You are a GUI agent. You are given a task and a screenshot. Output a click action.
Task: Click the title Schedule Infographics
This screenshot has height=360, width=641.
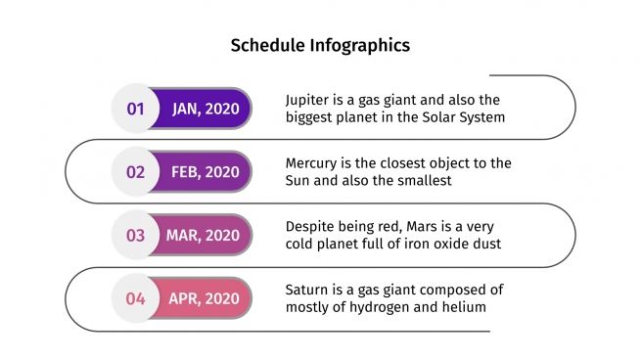coord(320,45)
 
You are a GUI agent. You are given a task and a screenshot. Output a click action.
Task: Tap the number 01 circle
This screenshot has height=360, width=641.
coord(135,109)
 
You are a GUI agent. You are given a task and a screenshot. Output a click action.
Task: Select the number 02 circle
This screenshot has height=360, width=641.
coord(135,172)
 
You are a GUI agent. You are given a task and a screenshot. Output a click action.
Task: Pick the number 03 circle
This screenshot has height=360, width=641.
coord(135,236)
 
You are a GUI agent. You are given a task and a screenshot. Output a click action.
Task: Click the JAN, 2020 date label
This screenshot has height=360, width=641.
coord(205,109)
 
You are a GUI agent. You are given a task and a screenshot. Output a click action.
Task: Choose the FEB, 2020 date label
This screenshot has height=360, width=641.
coord(205,172)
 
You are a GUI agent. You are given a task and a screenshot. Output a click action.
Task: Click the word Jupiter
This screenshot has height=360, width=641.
coord(309,100)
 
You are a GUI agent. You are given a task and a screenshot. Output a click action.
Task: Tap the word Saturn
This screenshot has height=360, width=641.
coord(307,291)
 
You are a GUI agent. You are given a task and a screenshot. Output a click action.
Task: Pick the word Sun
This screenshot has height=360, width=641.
coord(298,181)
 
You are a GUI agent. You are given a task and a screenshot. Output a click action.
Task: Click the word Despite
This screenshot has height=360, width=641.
coord(311,227)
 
